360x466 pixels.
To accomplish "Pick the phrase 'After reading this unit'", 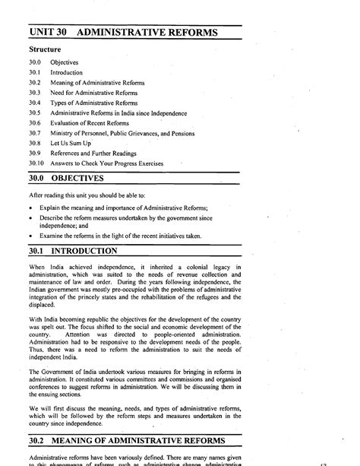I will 65,195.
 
